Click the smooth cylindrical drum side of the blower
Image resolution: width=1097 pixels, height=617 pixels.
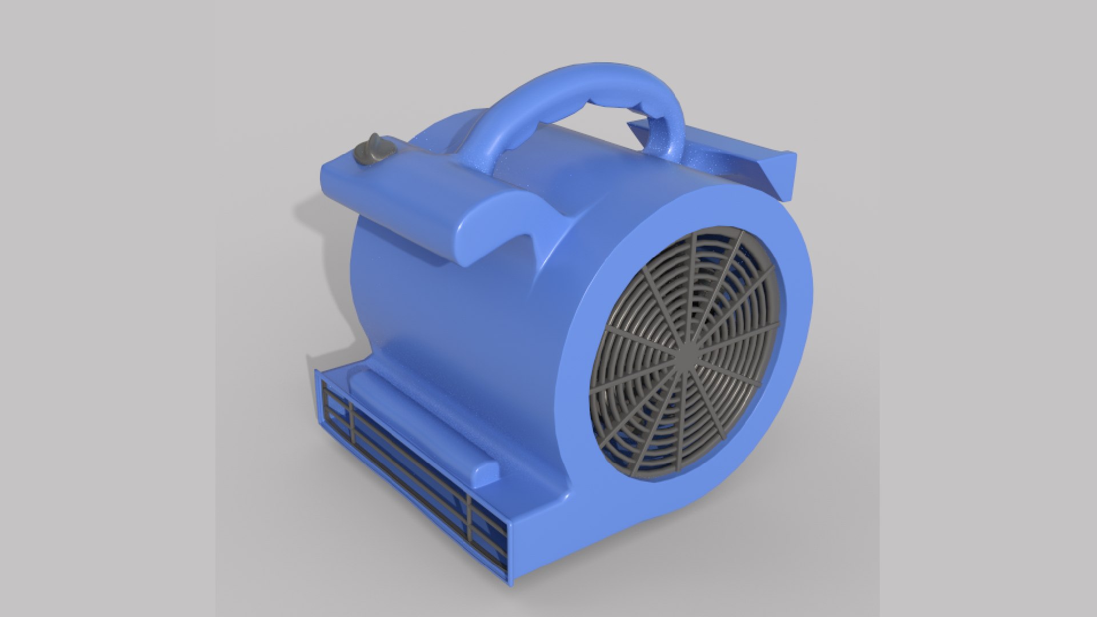[446, 320]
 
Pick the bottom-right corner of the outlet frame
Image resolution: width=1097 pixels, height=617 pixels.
[509, 580]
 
